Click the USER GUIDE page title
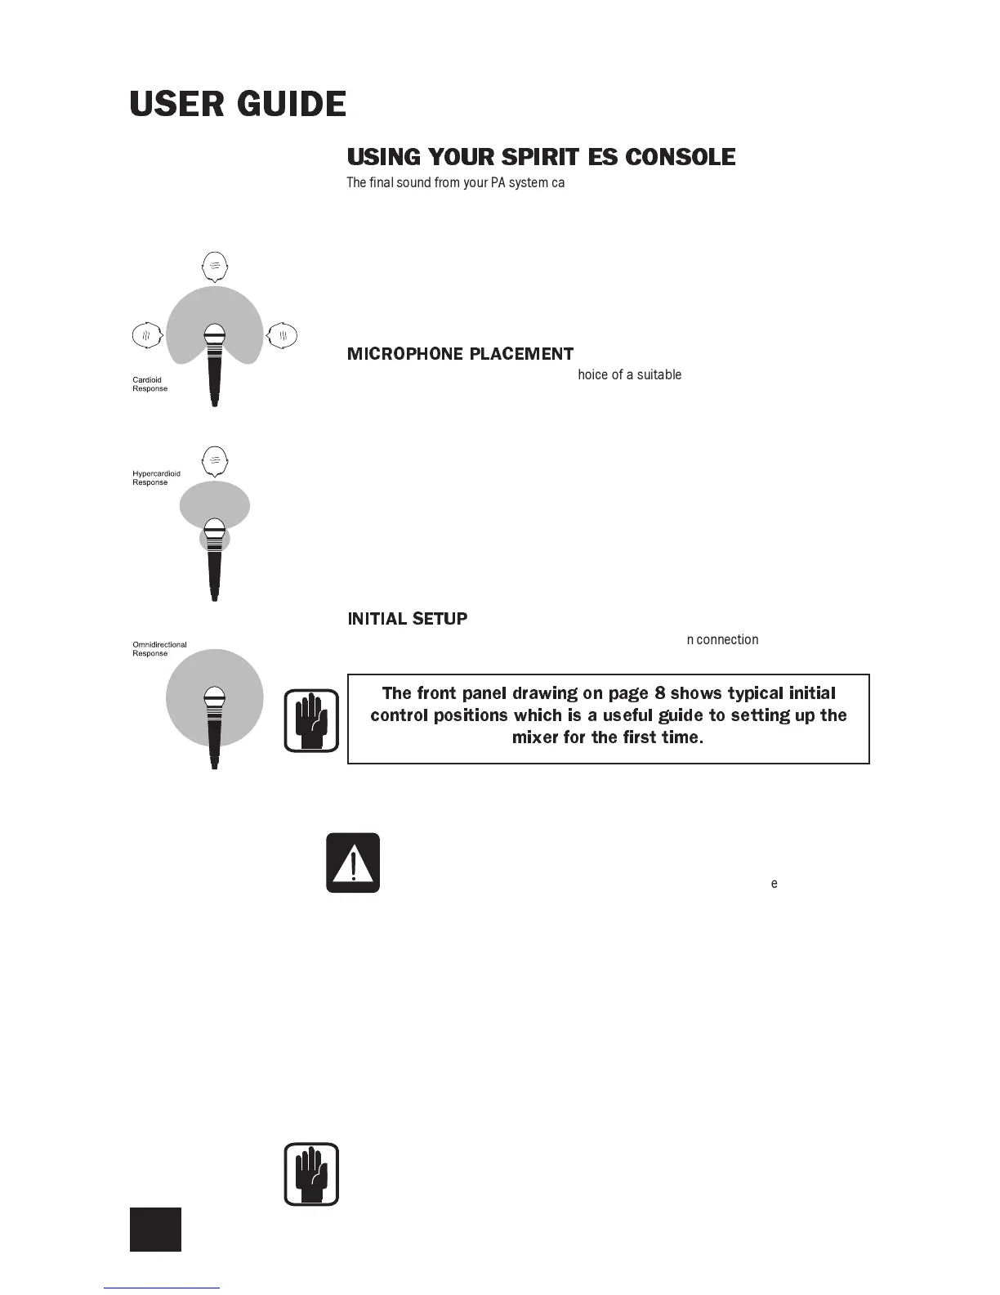tap(238, 105)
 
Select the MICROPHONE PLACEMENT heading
tap(460, 354)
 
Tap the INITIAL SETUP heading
tap(408, 619)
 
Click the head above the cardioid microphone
tap(214, 266)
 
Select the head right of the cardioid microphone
tap(283, 335)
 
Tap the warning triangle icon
tap(353, 863)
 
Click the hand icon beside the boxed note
tap(311, 720)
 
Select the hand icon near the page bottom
tap(311, 1174)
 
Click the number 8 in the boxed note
tap(660, 693)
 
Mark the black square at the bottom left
tap(155, 1229)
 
